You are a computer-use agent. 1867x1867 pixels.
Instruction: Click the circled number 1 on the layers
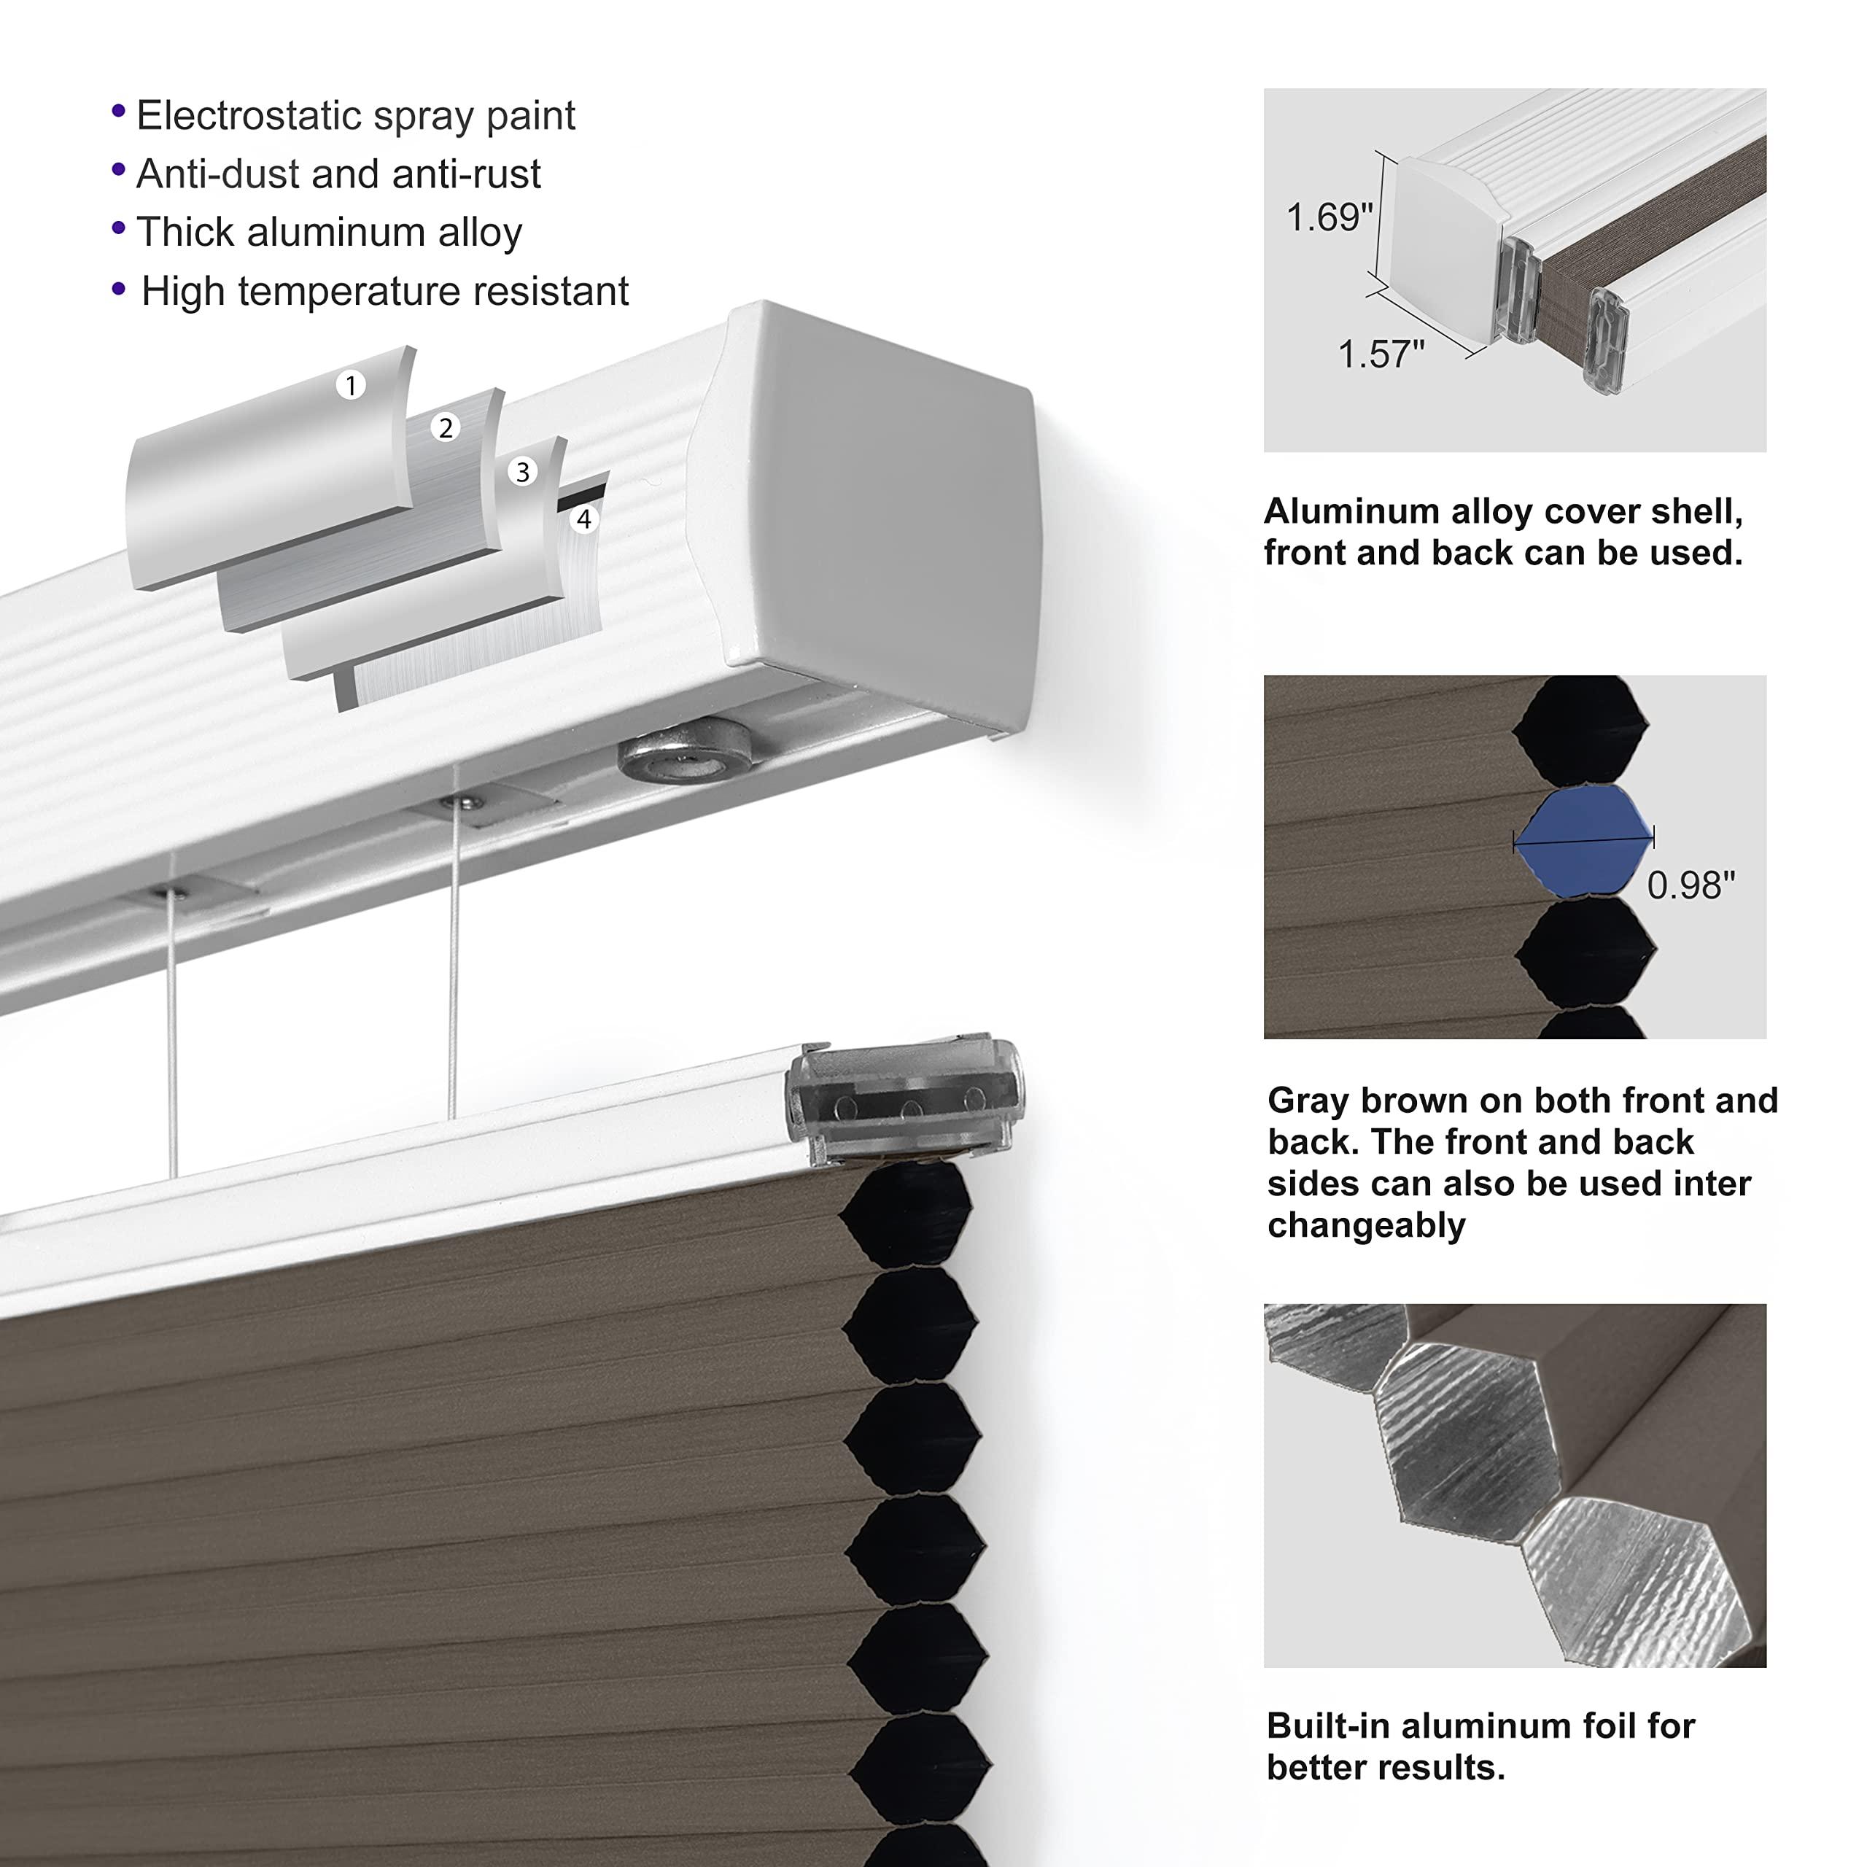[x=351, y=386]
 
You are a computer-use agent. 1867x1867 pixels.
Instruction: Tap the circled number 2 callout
[x=446, y=428]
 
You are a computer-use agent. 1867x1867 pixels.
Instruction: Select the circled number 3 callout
[x=523, y=472]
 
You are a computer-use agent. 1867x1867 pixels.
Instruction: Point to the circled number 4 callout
[x=583, y=520]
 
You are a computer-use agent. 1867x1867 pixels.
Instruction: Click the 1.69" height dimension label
[x=1329, y=217]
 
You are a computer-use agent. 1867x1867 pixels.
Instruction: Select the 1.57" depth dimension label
[x=1380, y=354]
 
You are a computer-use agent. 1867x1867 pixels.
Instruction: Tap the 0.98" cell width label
[x=1691, y=884]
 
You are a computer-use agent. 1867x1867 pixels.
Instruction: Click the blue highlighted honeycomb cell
[x=1583, y=837]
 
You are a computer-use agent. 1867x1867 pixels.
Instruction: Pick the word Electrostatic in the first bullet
[x=247, y=116]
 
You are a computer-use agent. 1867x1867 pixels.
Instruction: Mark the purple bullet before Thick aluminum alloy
[x=119, y=229]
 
